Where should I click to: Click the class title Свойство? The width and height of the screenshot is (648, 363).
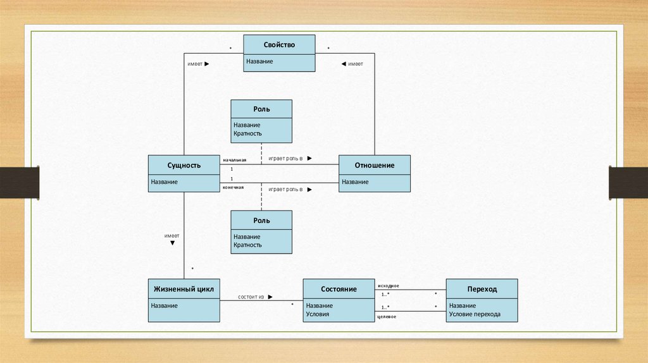point(279,45)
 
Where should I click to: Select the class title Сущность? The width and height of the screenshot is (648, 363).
point(184,166)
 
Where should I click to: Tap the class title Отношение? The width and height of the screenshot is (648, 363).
point(374,166)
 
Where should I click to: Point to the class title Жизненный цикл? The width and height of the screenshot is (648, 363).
point(184,289)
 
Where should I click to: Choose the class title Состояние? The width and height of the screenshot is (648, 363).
point(338,289)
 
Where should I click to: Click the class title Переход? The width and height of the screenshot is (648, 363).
point(482,289)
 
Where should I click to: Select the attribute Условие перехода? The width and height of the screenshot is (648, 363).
point(474,314)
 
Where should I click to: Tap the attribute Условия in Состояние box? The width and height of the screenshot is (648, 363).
point(317,314)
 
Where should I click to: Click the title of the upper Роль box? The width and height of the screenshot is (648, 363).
point(261,109)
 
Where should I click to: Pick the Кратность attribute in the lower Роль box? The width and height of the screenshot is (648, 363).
point(247,245)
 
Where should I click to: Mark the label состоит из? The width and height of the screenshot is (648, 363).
point(251,296)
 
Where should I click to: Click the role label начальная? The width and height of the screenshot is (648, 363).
point(234,161)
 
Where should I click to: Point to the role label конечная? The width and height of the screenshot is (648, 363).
point(233,188)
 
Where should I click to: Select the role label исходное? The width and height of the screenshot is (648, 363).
point(387,286)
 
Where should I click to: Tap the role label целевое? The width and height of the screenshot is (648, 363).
point(386,316)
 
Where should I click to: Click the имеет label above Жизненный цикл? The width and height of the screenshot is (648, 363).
point(171,235)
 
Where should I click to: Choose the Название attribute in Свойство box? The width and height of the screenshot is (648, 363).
point(259,61)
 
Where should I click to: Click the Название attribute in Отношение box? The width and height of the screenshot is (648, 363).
point(355,182)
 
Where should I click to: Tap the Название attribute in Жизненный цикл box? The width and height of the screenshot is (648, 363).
point(164,305)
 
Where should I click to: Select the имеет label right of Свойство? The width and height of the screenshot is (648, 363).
point(355,64)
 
